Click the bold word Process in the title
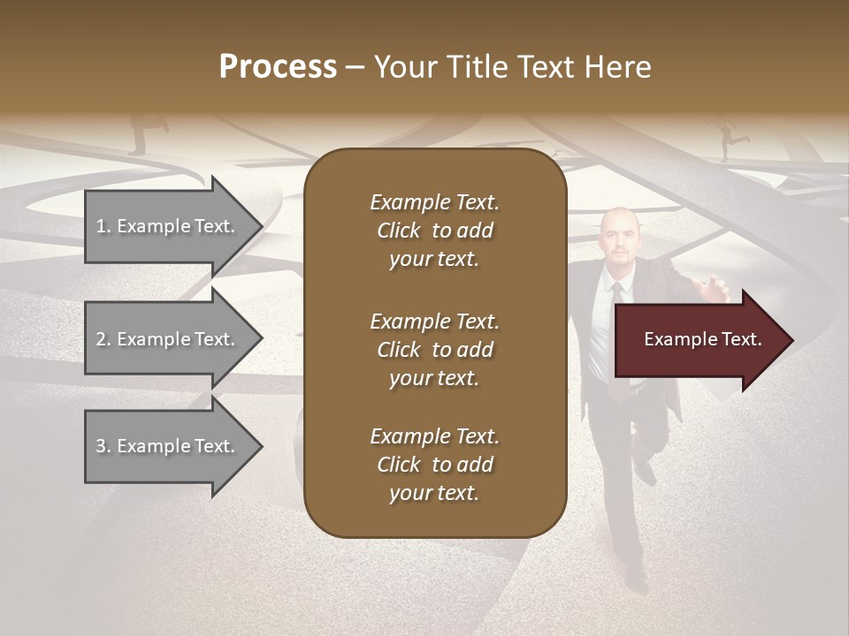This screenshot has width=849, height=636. click(278, 67)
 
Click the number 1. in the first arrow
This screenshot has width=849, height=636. click(103, 226)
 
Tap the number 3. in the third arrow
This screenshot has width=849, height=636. click(103, 446)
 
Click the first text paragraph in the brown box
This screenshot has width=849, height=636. click(434, 231)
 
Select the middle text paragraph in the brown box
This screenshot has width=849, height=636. click(434, 350)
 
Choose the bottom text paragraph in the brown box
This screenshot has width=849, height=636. click(434, 465)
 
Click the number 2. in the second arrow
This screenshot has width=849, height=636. click(103, 339)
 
